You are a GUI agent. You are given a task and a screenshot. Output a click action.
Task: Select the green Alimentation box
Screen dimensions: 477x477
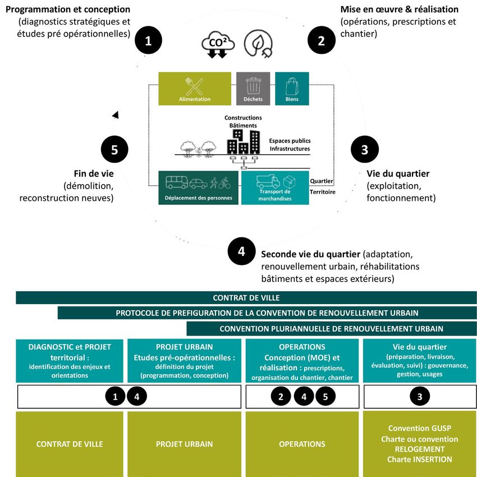tap(195, 89)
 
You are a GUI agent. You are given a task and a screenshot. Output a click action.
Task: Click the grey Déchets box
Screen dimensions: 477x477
tap(253, 89)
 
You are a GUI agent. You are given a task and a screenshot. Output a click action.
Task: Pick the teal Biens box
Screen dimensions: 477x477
tap(292, 89)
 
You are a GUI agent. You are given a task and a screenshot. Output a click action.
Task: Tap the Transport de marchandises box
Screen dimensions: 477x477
tap(275, 187)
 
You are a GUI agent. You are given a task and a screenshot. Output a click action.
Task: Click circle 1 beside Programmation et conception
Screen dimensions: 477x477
tap(148, 40)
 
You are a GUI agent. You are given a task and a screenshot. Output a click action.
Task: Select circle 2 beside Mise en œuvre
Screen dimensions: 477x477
tap(321, 40)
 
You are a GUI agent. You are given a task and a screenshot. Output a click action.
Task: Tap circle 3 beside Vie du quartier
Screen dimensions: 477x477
tap(365, 150)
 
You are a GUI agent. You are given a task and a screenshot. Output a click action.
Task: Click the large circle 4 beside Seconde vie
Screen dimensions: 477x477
tap(241, 251)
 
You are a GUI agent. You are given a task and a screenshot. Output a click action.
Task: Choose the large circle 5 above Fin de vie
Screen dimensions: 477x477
tap(114, 150)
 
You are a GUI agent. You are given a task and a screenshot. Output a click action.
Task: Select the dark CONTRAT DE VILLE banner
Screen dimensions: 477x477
tap(246, 297)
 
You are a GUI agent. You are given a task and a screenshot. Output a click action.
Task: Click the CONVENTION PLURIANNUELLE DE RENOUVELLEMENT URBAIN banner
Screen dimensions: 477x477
tap(331, 329)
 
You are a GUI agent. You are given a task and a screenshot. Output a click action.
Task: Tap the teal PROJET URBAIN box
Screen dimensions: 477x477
tap(184, 360)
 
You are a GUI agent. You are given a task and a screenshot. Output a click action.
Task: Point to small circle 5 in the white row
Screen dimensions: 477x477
tap(325, 397)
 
